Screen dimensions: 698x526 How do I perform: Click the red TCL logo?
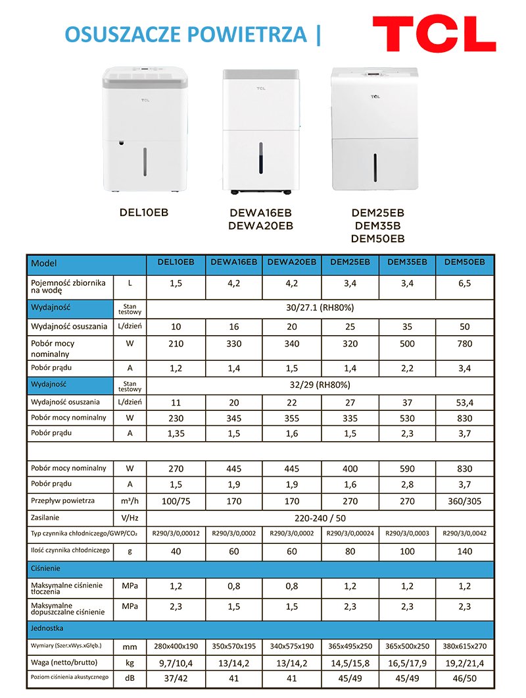point(434,34)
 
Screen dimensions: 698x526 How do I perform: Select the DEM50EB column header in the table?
point(464,262)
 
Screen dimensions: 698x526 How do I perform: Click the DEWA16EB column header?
point(234,262)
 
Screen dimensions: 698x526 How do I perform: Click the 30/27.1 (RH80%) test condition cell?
point(320,308)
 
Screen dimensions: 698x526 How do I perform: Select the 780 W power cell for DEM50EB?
point(464,344)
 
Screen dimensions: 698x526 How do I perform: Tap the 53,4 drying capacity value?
point(464,402)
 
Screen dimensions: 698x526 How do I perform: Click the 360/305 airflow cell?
point(464,501)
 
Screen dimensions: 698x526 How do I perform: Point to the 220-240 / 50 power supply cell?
point(320,518)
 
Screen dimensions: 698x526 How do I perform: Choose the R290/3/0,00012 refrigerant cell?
point(176,533)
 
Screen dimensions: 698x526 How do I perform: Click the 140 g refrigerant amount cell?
point(464,551)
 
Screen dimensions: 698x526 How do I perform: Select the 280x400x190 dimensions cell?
point(176,645)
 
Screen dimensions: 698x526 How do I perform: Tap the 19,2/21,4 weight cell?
point(464,662)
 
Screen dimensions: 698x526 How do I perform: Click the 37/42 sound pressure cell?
point(176,678)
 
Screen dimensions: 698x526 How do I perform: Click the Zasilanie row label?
point(45,518)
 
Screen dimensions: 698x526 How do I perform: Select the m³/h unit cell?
point(130,501)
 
